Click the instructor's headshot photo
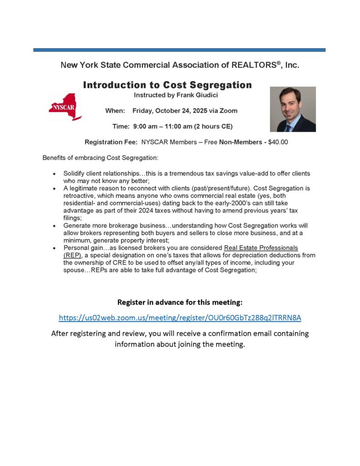coord(293,109)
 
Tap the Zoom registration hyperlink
coord(180,317)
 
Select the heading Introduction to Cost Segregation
coord(167,85)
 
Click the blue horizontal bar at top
coord(179,50)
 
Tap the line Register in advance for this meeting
coord(180,302)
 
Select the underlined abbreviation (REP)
coord(72,255)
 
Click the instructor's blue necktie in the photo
coord(288,127)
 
